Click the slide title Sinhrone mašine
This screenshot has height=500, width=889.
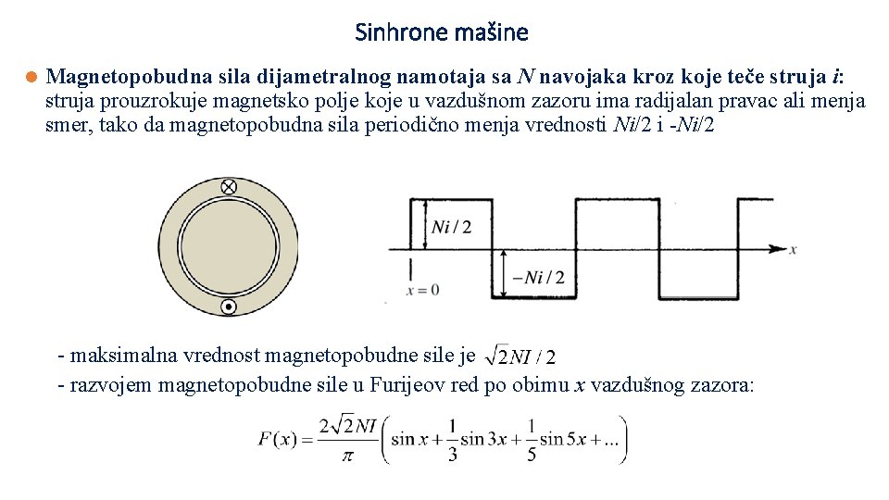tap(442, 33)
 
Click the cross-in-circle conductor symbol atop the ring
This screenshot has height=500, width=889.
tap(228, 187)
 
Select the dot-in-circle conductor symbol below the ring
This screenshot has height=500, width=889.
tap(228, 306)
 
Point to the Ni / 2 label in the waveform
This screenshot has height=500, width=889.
tap(452, 227)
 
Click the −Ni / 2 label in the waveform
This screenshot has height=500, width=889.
tap(538, 277)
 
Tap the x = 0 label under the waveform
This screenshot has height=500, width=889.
tap(422, 290)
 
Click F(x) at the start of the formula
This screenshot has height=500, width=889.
tap(278, 439)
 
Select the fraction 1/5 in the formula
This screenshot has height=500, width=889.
tap(531, 439)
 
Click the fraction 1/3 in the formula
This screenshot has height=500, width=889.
tap(452, 439)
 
